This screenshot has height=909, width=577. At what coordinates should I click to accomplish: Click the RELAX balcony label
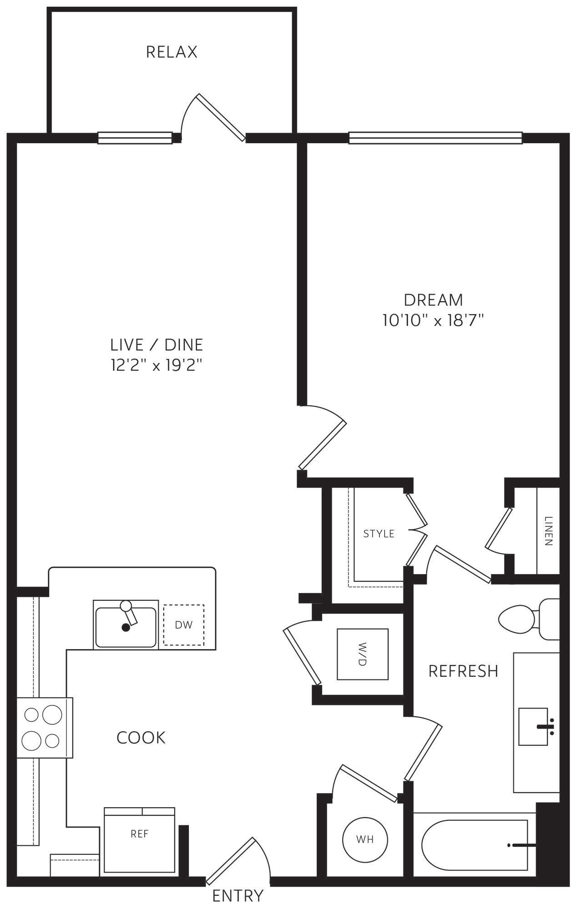pyautogui.click(x=172, y=52)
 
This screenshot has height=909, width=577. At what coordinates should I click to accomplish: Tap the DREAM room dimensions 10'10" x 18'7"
pyautogui.click(x=432, y=320)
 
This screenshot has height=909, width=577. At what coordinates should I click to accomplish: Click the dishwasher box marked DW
pyautogui.click(x=184, y=624)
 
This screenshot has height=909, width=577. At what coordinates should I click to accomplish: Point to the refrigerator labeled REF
pyautogui.click(x=139, y=834)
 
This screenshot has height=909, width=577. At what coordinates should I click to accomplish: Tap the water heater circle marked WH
pyautogui.click(x=365, y=839)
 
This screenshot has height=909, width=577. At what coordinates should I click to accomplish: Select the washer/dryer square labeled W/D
pyautogui.click(x=362, y=654)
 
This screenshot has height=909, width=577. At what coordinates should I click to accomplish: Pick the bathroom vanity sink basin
pyautogui.click(x=533, y=726)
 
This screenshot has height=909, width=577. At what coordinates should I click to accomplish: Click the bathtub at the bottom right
pyautogui.click(x=473, y=845)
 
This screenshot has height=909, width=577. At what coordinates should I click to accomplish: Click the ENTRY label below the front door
pyautogui.click(x=238, y=895)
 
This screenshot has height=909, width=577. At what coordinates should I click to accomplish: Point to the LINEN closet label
pyautogui.click(x=548, y=531)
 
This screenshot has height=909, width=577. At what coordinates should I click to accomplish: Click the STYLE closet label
pyautogui.click(x=379, y=534)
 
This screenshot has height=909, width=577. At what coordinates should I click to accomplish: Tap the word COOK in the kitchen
pyautogui.click(x=141, y=738)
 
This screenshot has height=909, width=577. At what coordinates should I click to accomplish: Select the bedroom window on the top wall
pyautogui.click(x=435, y=138)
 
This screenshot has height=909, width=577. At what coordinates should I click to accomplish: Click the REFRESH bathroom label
pyautogui.click(x=463, y=671)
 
